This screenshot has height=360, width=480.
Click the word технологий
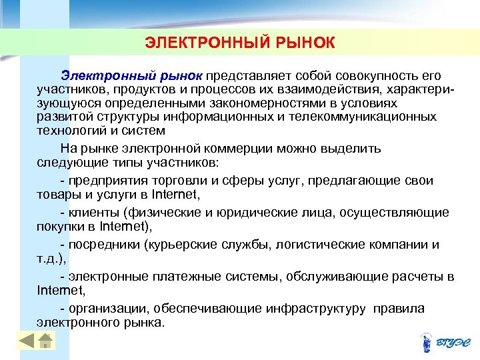point(70,130)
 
